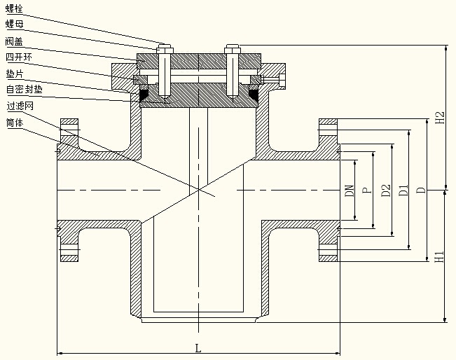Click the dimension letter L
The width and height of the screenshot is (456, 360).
198,347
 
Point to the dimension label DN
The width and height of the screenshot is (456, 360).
349,190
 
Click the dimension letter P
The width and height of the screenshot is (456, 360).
366,190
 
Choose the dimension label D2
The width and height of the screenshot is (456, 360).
385,190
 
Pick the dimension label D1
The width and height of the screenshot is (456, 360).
403,190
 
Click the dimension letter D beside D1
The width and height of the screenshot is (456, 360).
420,190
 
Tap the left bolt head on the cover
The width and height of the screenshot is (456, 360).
163,48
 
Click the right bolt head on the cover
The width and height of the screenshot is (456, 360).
233,48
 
